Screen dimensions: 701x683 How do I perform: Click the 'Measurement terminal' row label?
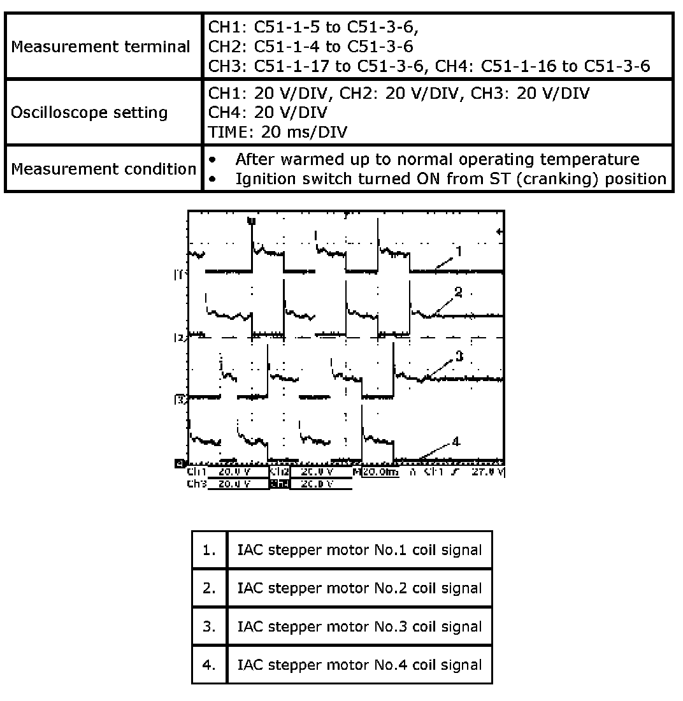(101, 47)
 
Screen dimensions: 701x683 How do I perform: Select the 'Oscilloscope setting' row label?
(89, 113)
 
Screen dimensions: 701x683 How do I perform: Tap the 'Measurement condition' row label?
(103, 170)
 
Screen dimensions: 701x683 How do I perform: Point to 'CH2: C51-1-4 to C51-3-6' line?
(311, 47)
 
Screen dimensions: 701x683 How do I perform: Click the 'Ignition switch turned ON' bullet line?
(450, 179)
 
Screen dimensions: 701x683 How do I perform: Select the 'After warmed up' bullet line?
(437, 159)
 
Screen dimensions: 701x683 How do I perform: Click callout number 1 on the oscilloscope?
(458, 252)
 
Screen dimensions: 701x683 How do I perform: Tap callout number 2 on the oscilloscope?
(458, 293)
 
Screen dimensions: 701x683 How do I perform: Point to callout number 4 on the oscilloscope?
(456, 441)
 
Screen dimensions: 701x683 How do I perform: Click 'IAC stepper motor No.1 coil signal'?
(359, 550)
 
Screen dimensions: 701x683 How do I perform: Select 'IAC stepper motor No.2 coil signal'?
(359, 588)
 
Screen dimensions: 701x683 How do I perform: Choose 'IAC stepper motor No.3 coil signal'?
(359, 626)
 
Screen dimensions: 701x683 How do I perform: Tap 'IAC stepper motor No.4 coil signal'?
(359, 665)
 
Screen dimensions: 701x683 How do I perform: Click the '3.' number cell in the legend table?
(210, 626)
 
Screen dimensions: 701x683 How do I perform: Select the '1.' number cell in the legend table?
(210, 550)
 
